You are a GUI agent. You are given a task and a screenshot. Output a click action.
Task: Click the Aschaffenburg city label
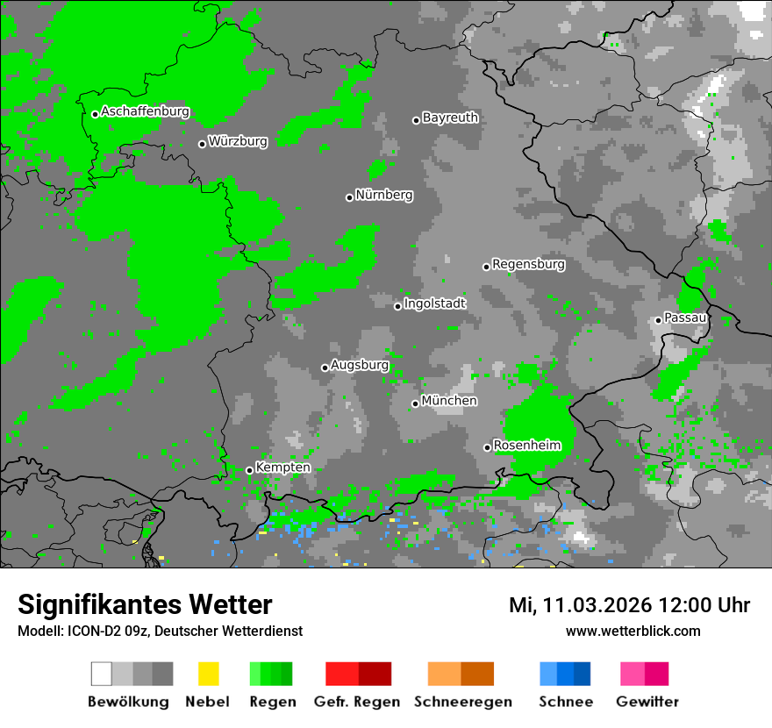click(x=145, y=111)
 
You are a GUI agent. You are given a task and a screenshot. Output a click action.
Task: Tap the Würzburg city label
click(x=238, y=141)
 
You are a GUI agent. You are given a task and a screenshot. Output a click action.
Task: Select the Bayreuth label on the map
click(x=450, y=118)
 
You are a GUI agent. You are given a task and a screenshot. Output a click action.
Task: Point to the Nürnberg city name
click(x=383, y=195)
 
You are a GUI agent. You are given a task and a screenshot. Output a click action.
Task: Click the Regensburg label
click(x=528, y=264)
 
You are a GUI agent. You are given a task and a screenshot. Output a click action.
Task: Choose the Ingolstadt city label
click(x=434, y=303)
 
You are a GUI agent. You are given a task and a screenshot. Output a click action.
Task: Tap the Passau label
click(x=685, y=318)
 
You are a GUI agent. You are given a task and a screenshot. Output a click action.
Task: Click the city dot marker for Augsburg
click(x=325, y=368)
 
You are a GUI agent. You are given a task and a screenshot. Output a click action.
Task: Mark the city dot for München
click(x=415, y=403)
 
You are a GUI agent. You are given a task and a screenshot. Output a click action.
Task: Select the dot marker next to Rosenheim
click(x=487, y=447)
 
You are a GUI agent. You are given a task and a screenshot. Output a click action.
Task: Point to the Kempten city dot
click(x=249, y=470)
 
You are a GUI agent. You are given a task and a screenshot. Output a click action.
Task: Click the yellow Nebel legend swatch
click(x=208, y=674)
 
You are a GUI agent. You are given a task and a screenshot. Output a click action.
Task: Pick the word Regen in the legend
click(x=271, y=702)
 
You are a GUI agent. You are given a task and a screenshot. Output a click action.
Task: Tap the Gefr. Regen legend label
click(x=357, y=702)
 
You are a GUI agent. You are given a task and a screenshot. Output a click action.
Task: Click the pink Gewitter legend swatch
click(x=633, y=674)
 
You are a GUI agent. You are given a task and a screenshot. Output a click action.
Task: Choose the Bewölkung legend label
click(x=128, y=702)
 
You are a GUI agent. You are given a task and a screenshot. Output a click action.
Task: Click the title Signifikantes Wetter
click(x=145, y=604)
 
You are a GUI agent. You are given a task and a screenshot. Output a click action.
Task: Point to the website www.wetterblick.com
click(x=633, y=631)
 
